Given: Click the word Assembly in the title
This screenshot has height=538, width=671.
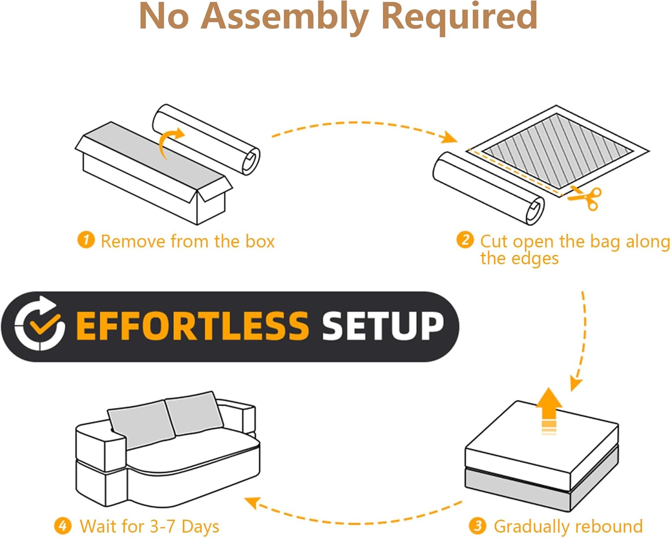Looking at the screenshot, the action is tap(285, 17).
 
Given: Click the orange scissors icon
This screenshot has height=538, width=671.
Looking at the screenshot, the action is tap(584, 198).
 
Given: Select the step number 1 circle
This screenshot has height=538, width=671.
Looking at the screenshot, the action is tap(86, 240).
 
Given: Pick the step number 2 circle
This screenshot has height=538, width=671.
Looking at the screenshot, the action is tap(465, 240).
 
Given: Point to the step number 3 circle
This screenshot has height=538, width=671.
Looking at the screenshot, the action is tap(477, 526).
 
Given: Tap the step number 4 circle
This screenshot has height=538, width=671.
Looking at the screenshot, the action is tap(63, 526).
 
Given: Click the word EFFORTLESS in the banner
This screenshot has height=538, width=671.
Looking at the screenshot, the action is tap(192, 326).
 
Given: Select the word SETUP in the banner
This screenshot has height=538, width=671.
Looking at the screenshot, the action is tap(383, 326).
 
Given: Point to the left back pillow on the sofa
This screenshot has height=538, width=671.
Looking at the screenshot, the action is tap(141, 424).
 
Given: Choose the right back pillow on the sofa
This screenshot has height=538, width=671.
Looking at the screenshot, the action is tap(194, 413).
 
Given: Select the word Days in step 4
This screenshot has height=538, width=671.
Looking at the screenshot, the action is tap(200, 527).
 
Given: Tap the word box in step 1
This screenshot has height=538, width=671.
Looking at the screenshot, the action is tap(260, 241).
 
